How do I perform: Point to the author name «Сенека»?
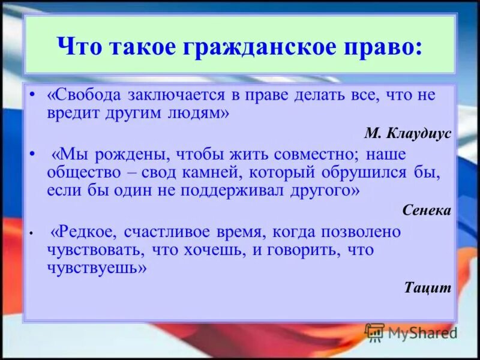(427, 210)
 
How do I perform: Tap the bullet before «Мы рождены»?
(32, 153)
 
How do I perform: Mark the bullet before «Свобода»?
(32, 95)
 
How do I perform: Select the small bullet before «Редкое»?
(32, 231)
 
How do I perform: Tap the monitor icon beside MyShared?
(374, 332)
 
